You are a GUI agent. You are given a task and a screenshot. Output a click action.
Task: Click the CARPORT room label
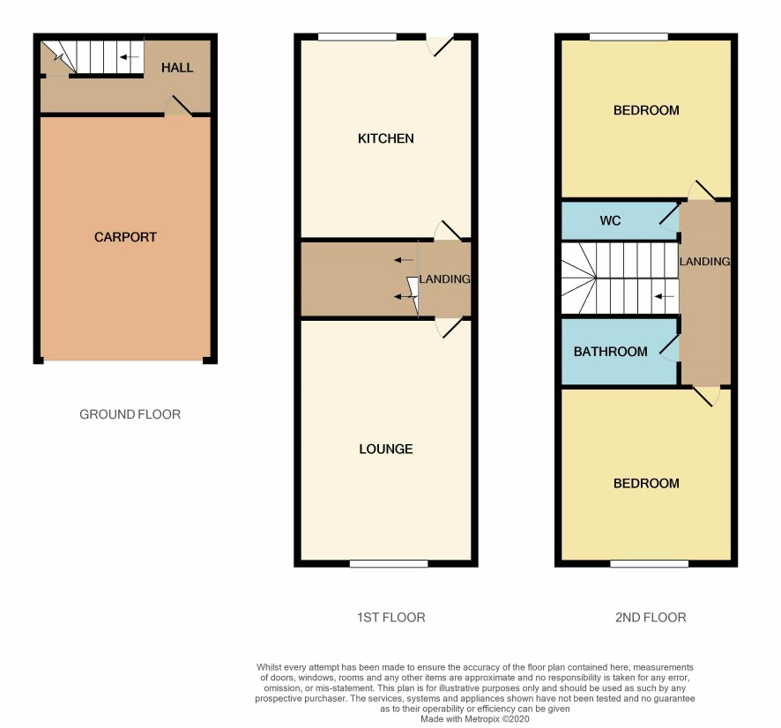tap(125, 237)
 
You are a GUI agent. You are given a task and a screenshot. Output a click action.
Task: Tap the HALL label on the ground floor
tap(177, 68)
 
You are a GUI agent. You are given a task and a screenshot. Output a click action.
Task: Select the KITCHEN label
tap(385, 138)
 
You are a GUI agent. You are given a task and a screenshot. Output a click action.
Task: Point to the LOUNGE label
tap(385, 449)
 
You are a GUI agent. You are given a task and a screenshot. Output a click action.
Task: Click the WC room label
tap(610, 220)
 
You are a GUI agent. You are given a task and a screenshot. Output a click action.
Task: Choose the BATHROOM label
tap(610, 352)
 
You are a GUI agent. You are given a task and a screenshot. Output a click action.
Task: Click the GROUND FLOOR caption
tap(130, 414)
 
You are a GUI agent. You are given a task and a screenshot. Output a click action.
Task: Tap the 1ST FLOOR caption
tap(391, 618)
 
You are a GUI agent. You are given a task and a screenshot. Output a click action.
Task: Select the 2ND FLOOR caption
tap(651, 618)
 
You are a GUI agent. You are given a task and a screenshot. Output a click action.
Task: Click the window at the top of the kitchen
tap(357, 37)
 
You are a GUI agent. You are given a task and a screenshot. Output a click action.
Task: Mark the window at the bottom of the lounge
tap(389, 564)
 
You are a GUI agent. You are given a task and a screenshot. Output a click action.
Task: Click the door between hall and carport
tap(178, 106)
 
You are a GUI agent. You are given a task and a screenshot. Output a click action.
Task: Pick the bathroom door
tap(669, 347)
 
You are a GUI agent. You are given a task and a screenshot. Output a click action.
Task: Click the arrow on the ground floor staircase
tap(130, 57)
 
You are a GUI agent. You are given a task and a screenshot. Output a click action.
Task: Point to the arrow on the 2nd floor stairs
tap(664, 297)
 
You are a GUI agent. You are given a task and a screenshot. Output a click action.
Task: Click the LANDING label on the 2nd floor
tap(704, 262)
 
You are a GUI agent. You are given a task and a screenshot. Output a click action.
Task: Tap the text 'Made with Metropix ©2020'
tap(474, 719)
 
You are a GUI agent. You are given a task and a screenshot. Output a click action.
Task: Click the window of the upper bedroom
tap(629, 37)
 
